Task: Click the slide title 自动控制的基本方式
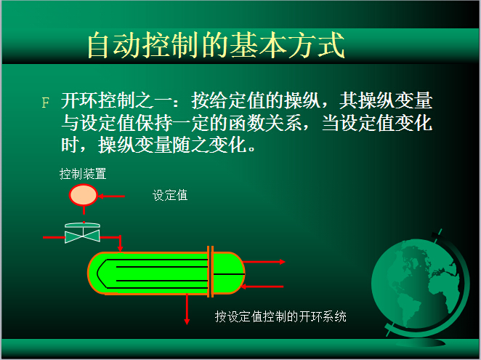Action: (x=216, y=45)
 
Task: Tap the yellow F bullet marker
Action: (x=45, y=103)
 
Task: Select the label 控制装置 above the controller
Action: (x=83, y=174)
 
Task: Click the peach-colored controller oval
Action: (x=83, y=195)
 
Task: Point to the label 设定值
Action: (x=170, y=195)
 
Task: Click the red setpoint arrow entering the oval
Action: (x=111, y=196)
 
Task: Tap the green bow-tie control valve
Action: (x=83, y=236)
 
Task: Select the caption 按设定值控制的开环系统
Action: (x=280, y=316)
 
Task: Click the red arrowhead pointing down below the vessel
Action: (x=187, y=321)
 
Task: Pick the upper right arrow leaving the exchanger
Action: (x=264, y=262)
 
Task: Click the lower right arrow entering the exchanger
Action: (x=262, y=287)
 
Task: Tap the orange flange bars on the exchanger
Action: (x=210, y=271)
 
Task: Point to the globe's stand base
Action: (x=421, y=342)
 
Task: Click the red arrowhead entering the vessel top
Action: (x=121, y=248)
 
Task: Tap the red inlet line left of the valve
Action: (x=54, y=237)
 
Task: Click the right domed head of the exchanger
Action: (x=229, y=273)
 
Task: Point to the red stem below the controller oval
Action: (x=84, y=210)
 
